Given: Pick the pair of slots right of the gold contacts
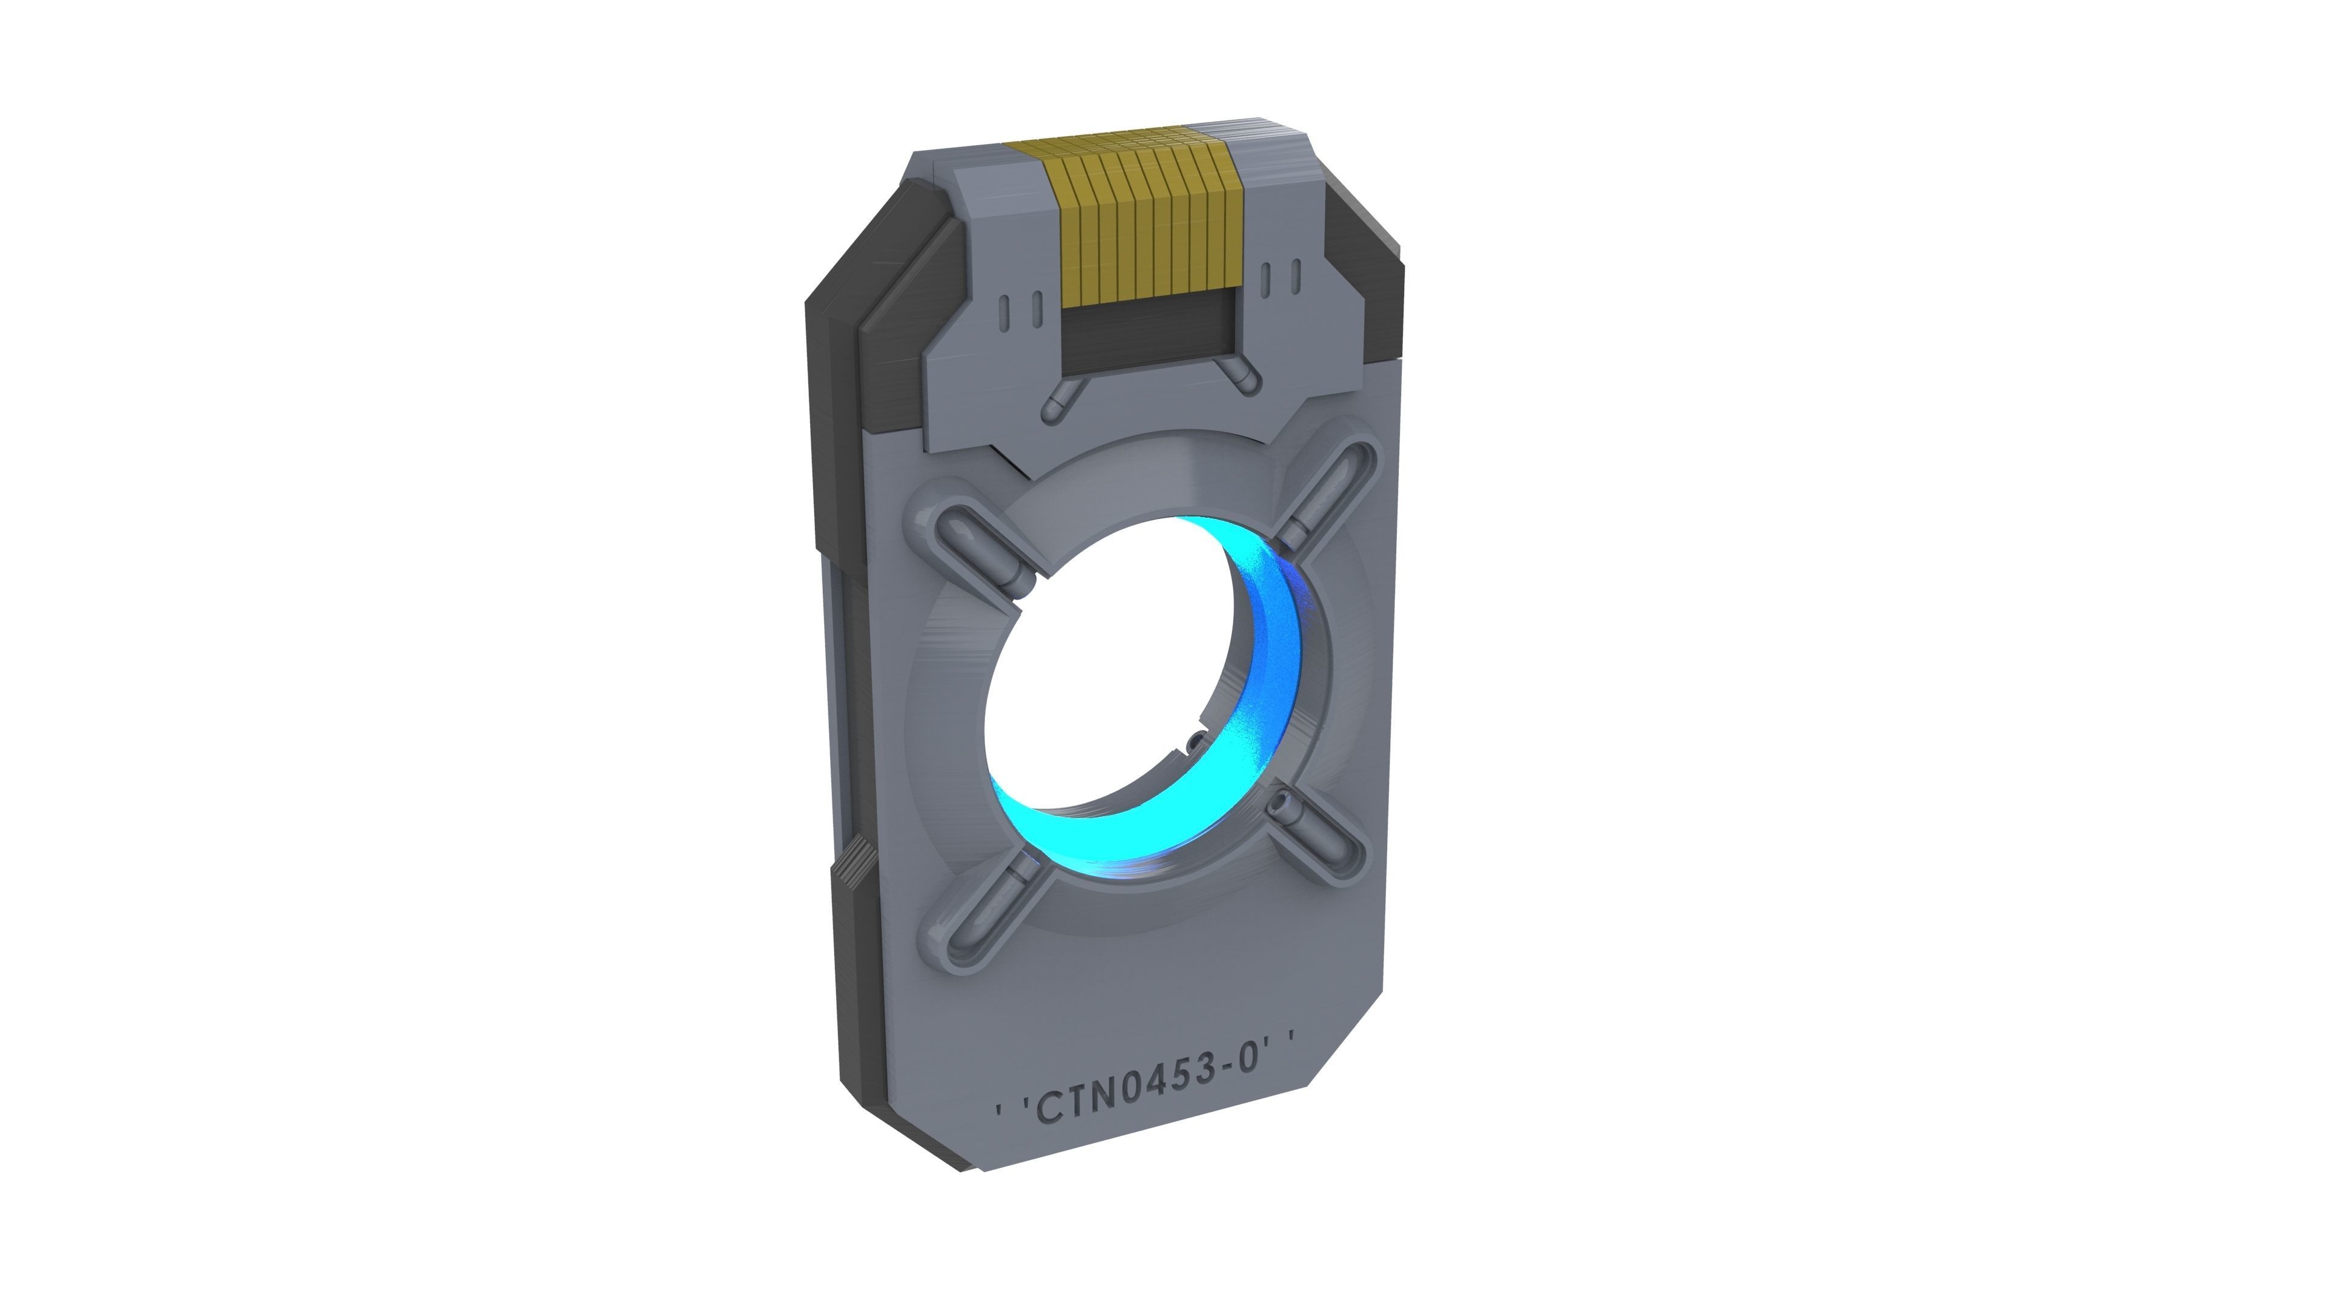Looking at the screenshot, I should pyautogui.click(x=1281, y=278).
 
